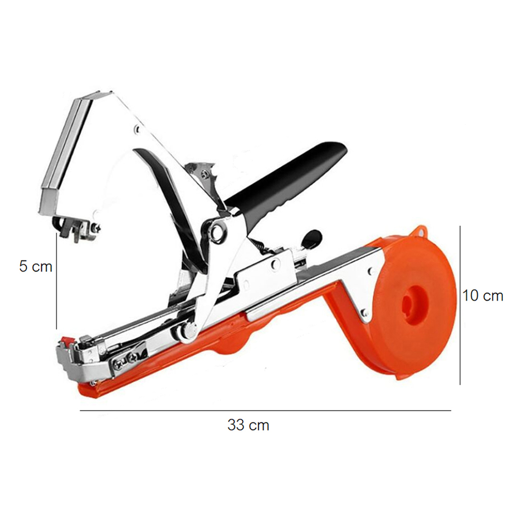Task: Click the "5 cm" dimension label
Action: pos(35,267)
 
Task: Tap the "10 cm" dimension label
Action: pos(482,295)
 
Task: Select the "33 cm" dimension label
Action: pos(248,425)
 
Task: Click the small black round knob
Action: pos(311,239)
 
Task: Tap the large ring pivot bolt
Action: pos(219,230)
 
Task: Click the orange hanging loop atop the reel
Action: pos(420,232)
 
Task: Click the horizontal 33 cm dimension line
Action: pos(266,410)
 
